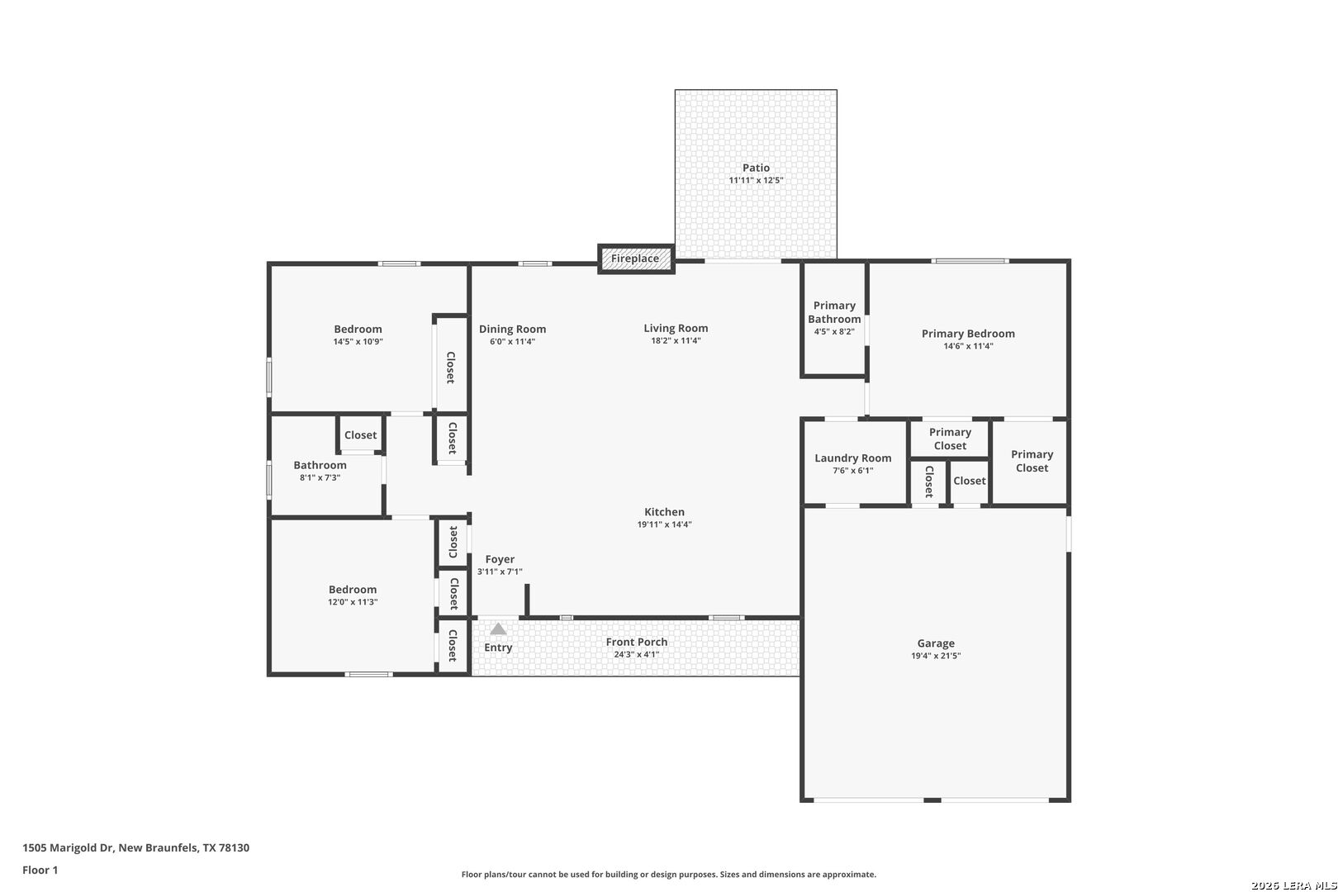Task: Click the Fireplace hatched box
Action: click(x=636, y=259)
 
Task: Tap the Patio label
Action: click(x=756, y=168)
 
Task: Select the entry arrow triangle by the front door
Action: click(x=498, y=629)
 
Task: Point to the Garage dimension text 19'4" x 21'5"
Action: click(x=936, y=656)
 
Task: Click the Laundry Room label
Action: click(x=852, y=458)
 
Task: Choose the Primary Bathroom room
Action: click(x=834, y=319)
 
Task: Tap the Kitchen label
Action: click(x=664, y=512)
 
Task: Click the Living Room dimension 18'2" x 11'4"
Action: click(x=676, y=340)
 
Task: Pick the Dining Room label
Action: click(x=513, y=330)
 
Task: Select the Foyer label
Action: click(x=500, y=559)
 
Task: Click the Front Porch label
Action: click(x=636, y=642)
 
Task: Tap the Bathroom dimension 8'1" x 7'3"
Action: click(x=320, y=477)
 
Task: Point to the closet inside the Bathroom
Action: click(x=360, y=434)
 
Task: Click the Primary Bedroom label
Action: click(x=968, y=334)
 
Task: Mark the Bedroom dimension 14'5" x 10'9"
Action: click(x=358, y=342)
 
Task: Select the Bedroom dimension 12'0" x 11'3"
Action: click(x=353, y=601)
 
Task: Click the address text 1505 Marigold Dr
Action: click(x=68, y=847)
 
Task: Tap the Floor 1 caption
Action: click(x=40, y=870)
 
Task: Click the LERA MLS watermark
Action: click(x=1293, y=885)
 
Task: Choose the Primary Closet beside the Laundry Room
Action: click(x=950, y=439)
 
